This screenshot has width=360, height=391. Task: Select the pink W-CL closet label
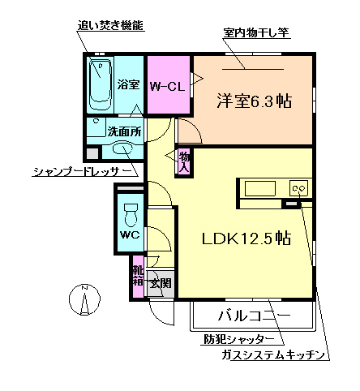(168, 85)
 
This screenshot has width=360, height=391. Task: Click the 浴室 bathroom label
(128, 84)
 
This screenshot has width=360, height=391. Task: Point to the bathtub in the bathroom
(101, 84)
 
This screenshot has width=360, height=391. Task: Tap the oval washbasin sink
(122, 148)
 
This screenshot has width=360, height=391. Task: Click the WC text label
(130, 235)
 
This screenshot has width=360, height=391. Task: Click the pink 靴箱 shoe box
(138, 277)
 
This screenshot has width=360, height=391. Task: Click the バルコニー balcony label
(252, 315)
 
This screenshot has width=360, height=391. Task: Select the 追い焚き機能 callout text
(110, 25)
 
